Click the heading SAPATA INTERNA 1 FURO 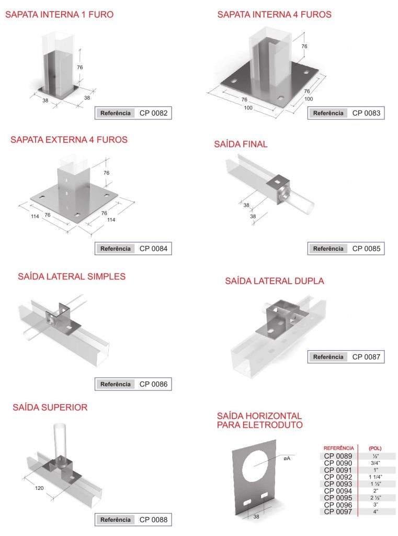(x=60, y=15)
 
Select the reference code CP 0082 (x=153, y=113)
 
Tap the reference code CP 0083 (x=366, y=113)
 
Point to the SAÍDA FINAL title (x=241, y=144)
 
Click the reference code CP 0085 (x=366, y=249)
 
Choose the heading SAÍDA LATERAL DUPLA (x=275, y=281)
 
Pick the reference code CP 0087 (x=366, y=357)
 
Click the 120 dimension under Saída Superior (x=39, y=488)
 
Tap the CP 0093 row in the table (x=338, y=484)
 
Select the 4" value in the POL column (x=376, y=512)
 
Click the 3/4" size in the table (x=376, y=463)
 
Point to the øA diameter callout (x=287, y=459)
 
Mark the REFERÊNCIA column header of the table (x=338, y=448)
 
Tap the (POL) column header (x=375, y=448)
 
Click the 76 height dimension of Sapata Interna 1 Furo (x=80, y=68)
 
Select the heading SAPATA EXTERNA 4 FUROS (x=69, y=140)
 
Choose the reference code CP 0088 (x=153, y=520)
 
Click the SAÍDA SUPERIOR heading (x=50, y=407)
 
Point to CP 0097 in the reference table (x=338, y=512)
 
